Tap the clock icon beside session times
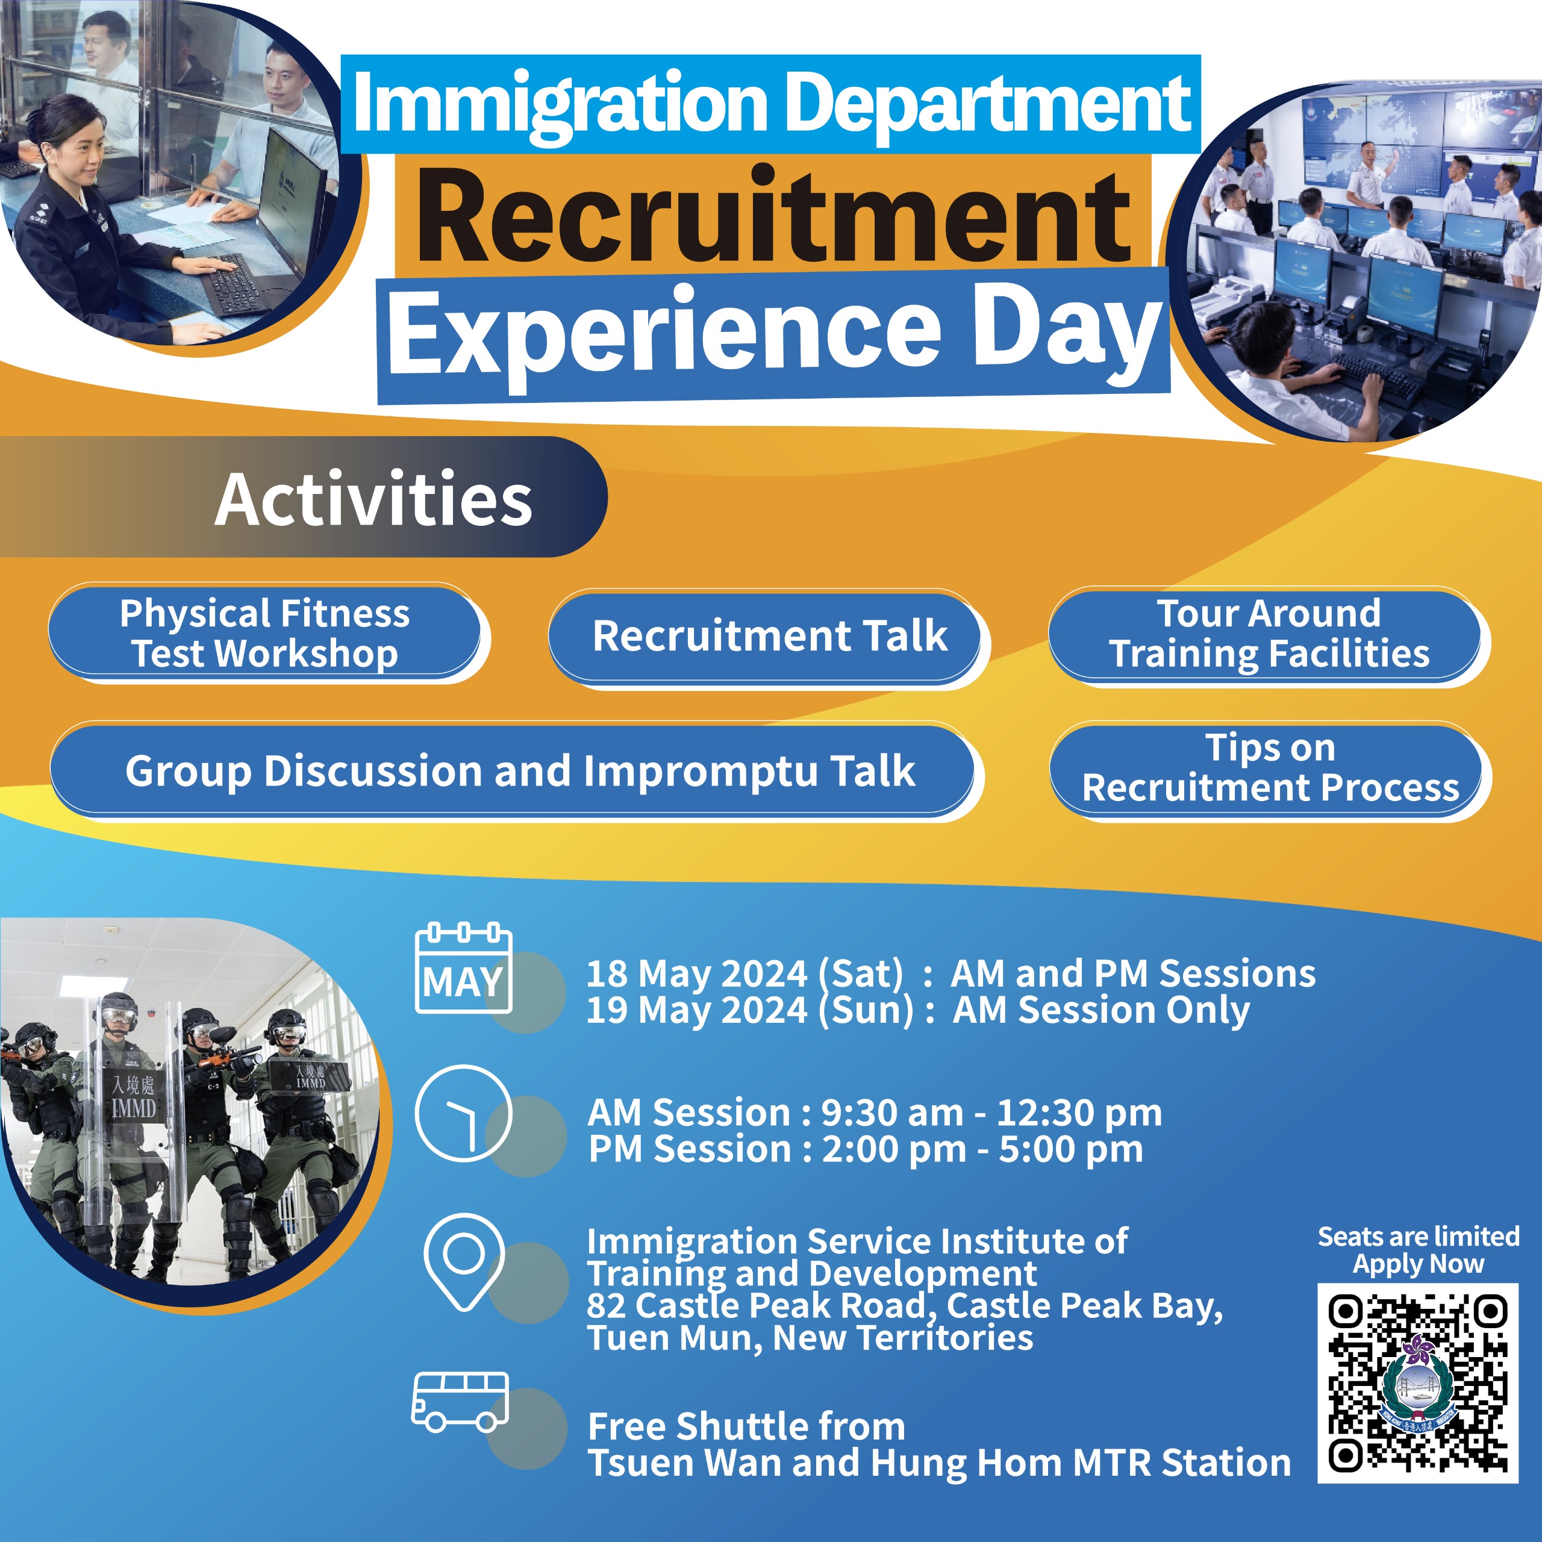click(x=463, y=1113)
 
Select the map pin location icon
click(x=464, y=1261)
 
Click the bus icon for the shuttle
click(x=460, y=1402)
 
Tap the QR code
click(x=1417, y=1383)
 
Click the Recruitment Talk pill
click(x=769, y=636)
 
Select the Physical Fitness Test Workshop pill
click(x=265, y=633)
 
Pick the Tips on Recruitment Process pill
click(x=1269, y=768)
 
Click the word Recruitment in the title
click(x=773, y=216)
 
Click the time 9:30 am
click(x=891, y=1113)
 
